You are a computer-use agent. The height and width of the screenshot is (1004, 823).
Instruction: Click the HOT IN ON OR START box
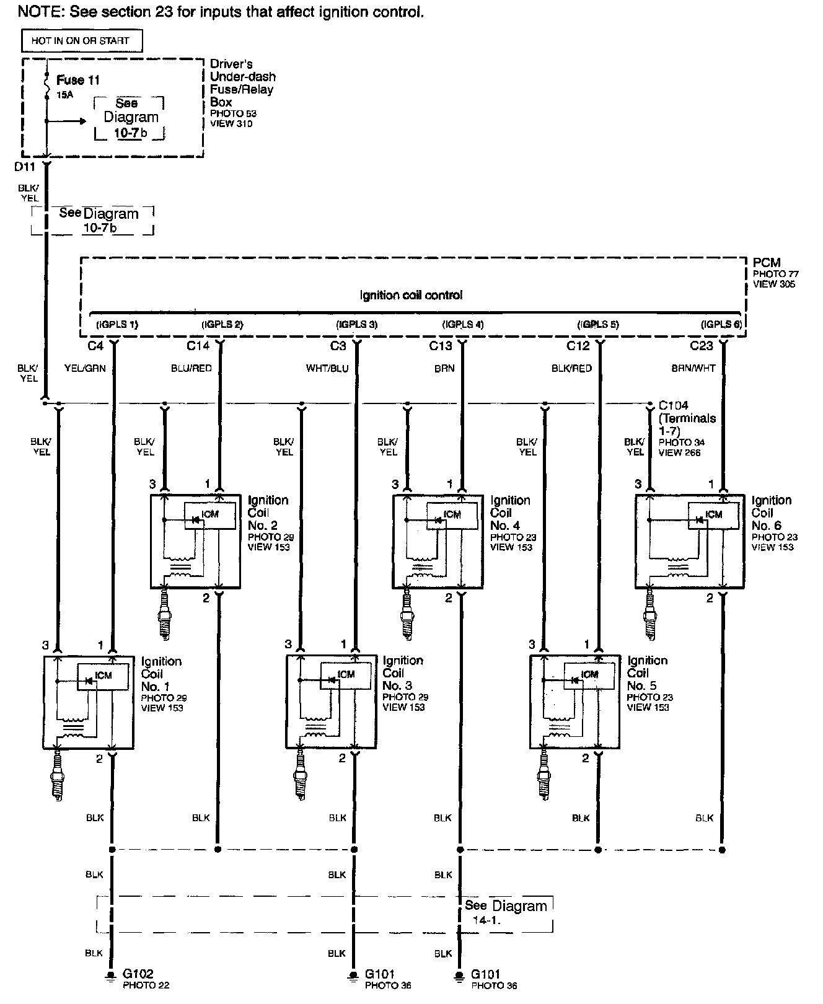[81, 41]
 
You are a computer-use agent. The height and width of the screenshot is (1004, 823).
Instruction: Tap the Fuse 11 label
[77, 80]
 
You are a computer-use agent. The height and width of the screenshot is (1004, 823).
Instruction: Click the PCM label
[767, 263]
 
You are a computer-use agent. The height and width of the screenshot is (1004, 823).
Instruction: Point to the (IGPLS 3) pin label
[356, 324]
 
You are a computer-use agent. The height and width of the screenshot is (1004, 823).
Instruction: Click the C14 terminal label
[198, 345]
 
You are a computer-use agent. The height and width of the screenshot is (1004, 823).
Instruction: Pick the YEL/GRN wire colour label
[85, 368]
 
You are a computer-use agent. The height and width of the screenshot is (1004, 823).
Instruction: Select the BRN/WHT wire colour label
[693, 368]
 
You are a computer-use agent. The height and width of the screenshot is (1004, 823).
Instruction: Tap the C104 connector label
[674, 406]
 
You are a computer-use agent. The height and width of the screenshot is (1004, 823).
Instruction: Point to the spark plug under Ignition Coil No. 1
[59, 772]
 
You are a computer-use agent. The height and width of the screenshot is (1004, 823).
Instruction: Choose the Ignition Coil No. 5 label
[647, 673]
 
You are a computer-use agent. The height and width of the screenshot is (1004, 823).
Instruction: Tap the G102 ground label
[138, 974]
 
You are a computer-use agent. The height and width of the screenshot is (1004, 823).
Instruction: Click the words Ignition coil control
[411, 296]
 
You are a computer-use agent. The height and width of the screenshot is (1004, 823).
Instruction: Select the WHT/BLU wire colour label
[327, 368]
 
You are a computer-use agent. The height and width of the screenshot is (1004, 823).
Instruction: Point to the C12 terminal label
[578, 345]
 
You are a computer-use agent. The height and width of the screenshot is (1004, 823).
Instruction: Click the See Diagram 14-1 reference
[505, 912]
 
